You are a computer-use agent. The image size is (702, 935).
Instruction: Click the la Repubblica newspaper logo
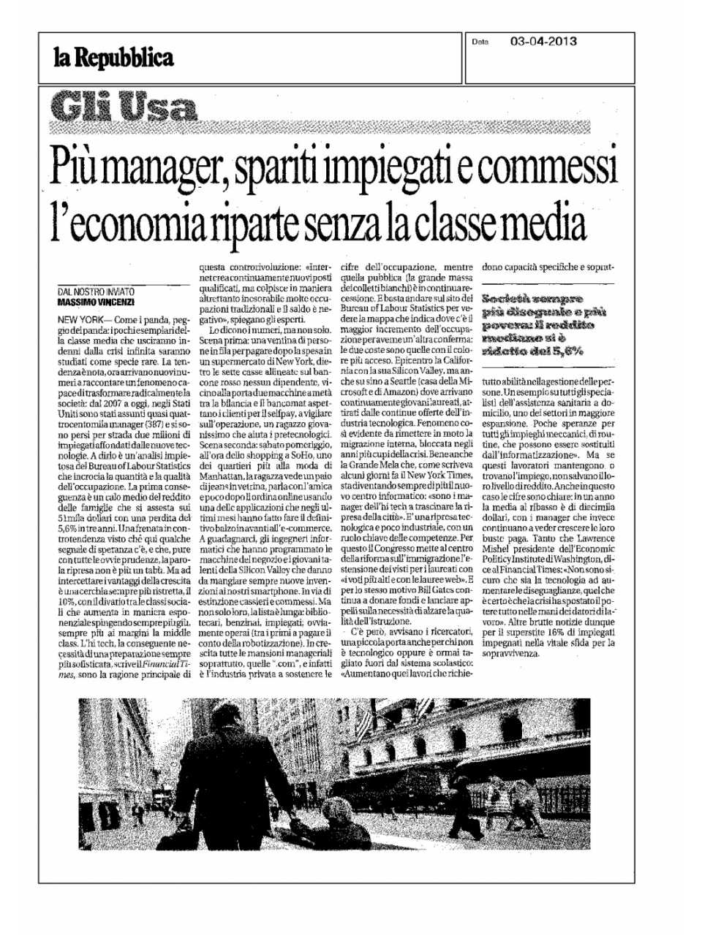pyautogui.click(x=113, y=57)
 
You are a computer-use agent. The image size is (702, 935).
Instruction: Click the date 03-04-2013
pyautogui.click(x=543, y=42)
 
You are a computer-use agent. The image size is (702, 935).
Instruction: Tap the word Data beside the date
pyautogui.click(x=480, y=42)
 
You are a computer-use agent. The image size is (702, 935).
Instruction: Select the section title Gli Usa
pyautogui.click(x=124, y=109)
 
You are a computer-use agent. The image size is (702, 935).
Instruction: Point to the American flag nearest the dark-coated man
pyautogui.click(x=363, y=720)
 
